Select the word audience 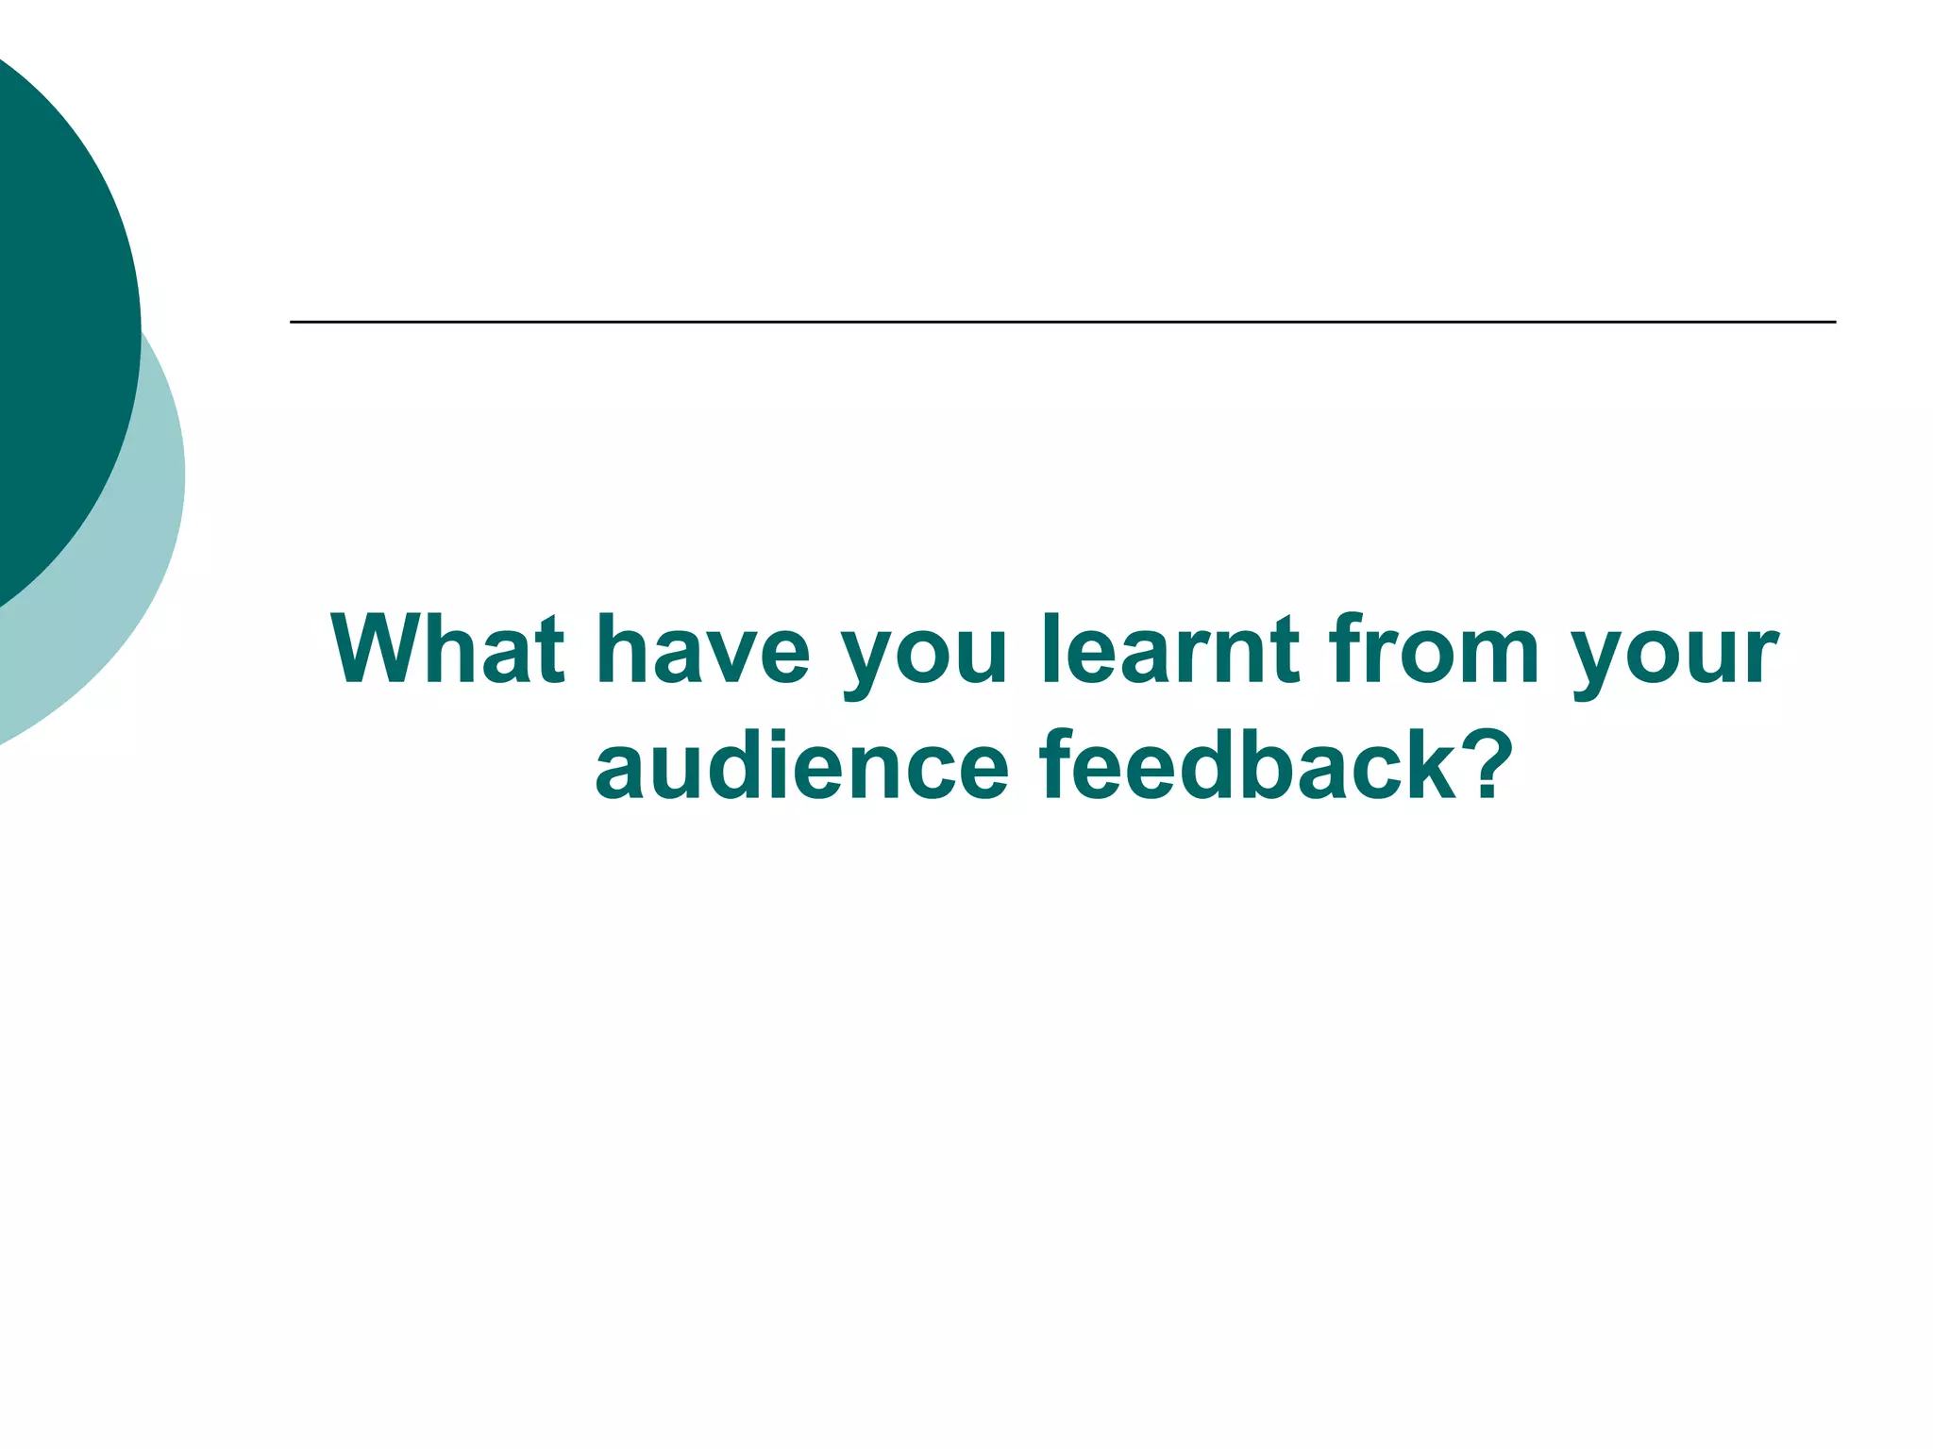point(802,765)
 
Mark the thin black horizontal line point(1062,323)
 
